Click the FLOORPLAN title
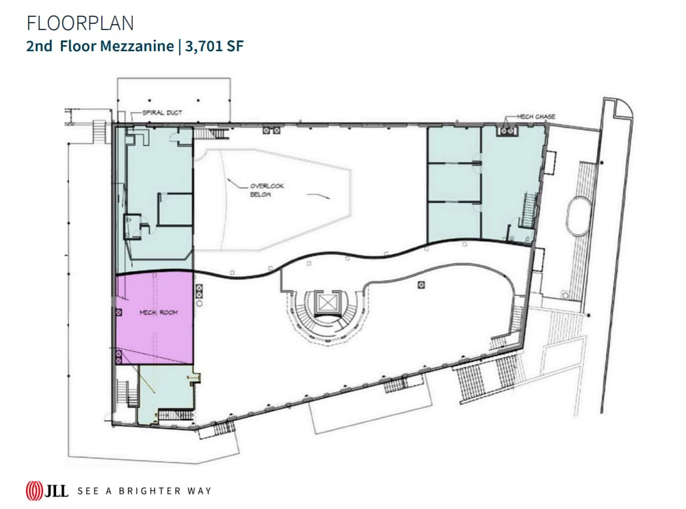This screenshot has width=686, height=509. pos(80,23)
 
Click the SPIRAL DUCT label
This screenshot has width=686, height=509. pos(162,113)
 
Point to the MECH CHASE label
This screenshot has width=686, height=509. pos(536,117)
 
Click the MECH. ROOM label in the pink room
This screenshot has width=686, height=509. pos(158,312)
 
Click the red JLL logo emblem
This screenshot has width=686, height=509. pos(34,491)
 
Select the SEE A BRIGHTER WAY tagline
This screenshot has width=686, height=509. pos(144,491)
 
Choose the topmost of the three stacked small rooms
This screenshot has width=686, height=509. pos(453,144)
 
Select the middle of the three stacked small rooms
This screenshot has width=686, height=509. pos(453,182)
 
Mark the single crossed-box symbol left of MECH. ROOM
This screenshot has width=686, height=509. pos(119,312)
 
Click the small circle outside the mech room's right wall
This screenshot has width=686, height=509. pos(199,301)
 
